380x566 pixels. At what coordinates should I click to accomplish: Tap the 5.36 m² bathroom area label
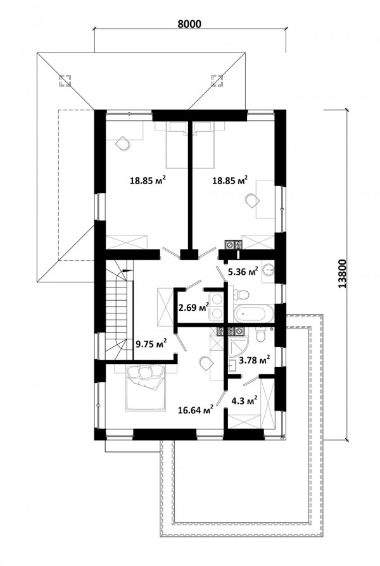(x=243, y=271)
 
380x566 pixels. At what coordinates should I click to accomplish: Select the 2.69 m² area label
(x=194, y=308)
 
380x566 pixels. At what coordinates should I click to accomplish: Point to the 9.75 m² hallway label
(x=151, y=343)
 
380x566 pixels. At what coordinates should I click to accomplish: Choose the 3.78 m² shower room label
(x=255, y=360)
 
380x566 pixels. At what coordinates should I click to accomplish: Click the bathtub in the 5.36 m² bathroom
(x=253, y=313)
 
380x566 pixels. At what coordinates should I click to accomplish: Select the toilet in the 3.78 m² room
(x=261, y=334)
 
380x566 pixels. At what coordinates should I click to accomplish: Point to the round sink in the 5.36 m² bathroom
(x=269, y=269)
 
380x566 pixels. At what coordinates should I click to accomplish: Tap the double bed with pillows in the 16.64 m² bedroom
(x=146, y=387)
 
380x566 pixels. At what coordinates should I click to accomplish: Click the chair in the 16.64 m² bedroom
(x=205, y=363)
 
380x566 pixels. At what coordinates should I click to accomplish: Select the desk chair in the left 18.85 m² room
(x=123, y=143)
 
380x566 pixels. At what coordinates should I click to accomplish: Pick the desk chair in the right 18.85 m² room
(x=251, y=200)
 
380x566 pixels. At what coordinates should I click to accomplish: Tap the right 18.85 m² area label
(x=230, y=180)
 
